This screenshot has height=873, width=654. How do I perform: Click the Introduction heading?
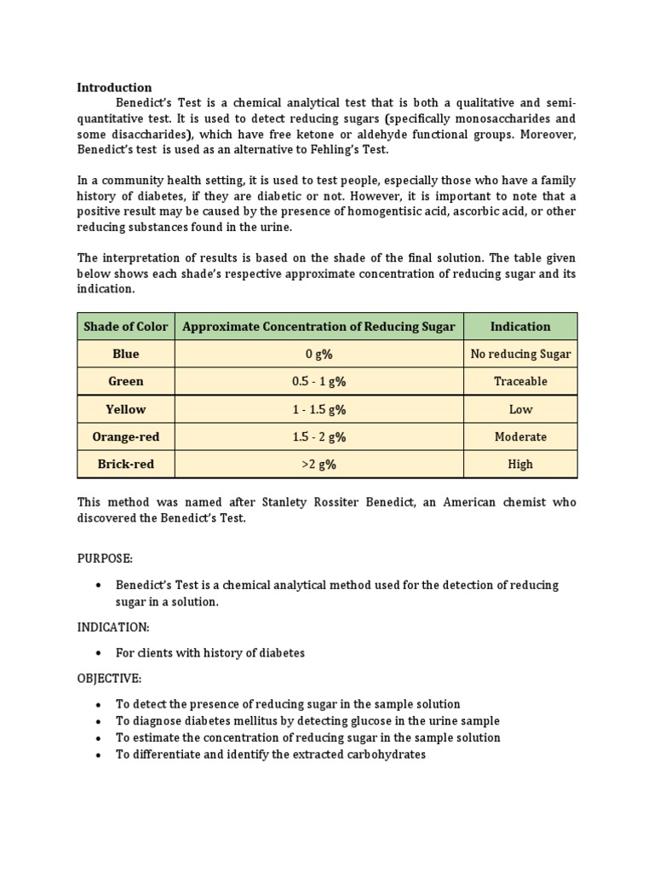pyautogui.click(x=114, y=87)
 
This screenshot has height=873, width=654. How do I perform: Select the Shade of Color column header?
pyautogui.click(x=126, y=327)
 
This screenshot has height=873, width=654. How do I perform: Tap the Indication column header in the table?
pyautogui.click(x=520, y=327)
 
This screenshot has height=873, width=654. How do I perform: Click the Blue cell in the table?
pyautogui.click(x=126, y=354)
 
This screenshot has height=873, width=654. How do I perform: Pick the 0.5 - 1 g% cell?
pyautogui.click(x=319, y=381)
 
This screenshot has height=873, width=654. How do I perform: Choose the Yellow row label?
pyautogui.click(x=126, y=409)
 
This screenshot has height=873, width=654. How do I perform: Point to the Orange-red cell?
pyautogui.click(x=126, y=436)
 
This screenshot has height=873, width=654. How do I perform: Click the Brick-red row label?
pyautogui.click(x=126, y=464)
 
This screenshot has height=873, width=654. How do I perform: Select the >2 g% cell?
pyautogui.click(x=319, y=464)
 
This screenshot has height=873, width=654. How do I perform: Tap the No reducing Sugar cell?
pyautogui.click(x=520, y=354)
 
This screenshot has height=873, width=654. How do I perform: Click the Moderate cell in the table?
pyautogui.click(x=520, y=436)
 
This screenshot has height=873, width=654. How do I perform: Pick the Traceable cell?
pyautogui.click(x=520, y=381)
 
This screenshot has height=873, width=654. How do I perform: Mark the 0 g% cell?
pyautogui.click(x=319, y=354)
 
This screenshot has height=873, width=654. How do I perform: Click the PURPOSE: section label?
pyautogui.click(x=105, y=558)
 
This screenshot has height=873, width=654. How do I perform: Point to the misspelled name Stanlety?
pyautogui.click(x=274, y=502)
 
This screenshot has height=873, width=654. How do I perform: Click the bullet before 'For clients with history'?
pyautogui.click(x=99, y=653)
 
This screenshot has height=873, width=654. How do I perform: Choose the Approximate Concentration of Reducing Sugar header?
pyautogui.click(x=319, y=327)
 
